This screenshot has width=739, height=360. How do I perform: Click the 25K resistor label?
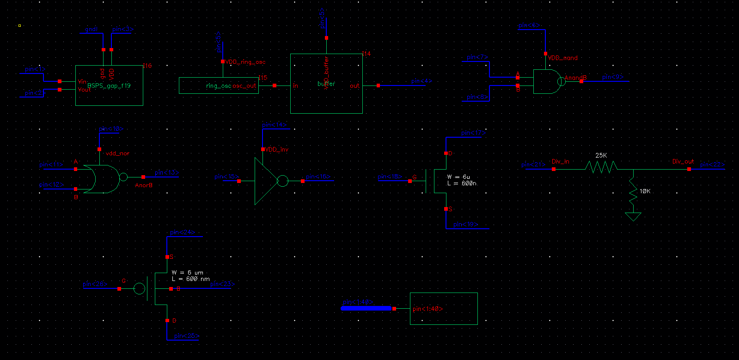pos(601,156)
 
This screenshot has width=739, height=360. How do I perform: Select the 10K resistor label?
pos(645,191)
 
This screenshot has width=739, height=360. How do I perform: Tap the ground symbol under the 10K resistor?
pos(633,216)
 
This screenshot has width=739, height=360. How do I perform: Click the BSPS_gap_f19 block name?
pos(109,85)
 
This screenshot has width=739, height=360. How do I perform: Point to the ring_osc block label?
pos(218,86)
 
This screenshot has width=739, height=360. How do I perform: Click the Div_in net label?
pos(561,162)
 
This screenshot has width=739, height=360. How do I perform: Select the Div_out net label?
pos(683,162)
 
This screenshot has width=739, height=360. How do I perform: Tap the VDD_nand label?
pos(563,58)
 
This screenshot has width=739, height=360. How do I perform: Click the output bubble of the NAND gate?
pos(561,81)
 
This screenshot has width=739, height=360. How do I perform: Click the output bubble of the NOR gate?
pos(123,177)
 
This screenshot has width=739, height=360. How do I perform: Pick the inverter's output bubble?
pos(283,181)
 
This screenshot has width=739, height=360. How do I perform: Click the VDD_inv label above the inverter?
pos(277,149)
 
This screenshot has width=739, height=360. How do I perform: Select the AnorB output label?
pos(144,185)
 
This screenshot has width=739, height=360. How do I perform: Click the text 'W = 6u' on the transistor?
pos(458,177)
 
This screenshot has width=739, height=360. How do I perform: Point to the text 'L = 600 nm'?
pos(191,279)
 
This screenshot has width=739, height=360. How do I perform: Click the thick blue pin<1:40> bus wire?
pos(366,308)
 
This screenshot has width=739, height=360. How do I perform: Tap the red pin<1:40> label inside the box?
pos(428,309)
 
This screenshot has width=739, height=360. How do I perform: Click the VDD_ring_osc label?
pos(245,62)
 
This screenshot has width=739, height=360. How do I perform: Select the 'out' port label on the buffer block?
pos(354,86)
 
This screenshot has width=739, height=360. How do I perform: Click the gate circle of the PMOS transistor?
pos(139,289)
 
